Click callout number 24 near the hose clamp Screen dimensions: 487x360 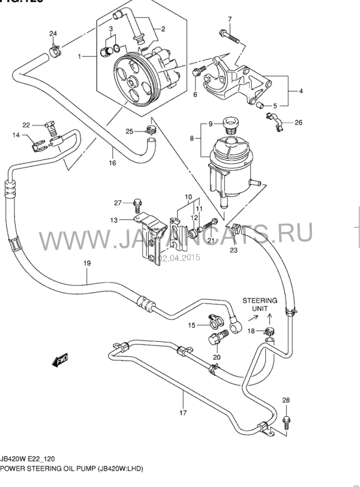point(53,32)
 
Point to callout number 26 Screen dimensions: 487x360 point(298,123)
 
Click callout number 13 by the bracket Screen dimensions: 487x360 point(114,220)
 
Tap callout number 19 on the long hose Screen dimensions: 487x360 point(86,263)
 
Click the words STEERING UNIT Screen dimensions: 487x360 point(260,304)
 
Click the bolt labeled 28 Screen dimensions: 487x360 point(286,421)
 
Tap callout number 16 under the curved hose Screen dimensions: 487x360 point(112,163)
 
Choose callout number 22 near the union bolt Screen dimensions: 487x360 point(26,125)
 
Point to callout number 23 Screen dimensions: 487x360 point(233,250)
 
